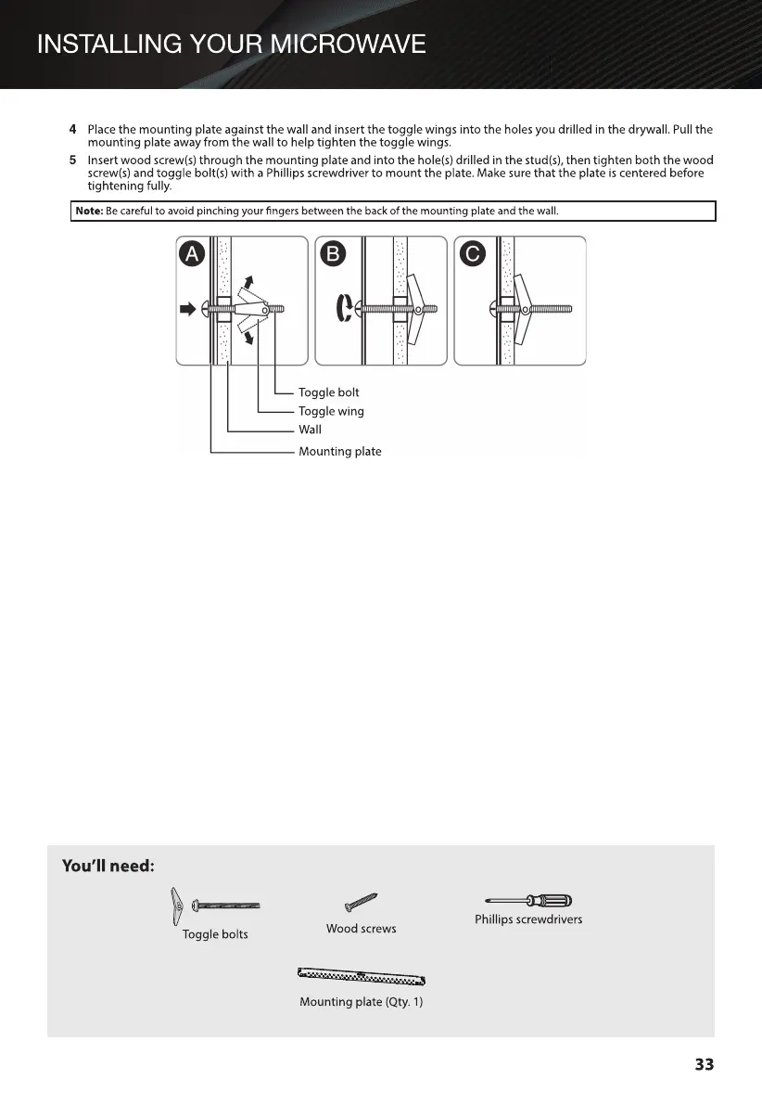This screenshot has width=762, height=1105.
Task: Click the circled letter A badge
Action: tap(192, 254)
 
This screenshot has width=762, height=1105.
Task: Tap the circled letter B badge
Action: tap(331, 254)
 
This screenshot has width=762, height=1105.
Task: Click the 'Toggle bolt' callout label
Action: tap(328, 392)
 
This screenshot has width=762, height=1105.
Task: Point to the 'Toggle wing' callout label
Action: tap(331, 411)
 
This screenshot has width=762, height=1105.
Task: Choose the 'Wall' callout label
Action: tap(310, 430)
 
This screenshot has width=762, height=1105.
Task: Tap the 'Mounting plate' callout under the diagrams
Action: tap(339, 452)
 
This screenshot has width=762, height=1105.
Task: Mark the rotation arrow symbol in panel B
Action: tap(341, 309)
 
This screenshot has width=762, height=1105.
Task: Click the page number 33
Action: tap(704, 1064)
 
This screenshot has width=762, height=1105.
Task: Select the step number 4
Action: tap(73, 129)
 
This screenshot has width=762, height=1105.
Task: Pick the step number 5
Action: tap(73, 161)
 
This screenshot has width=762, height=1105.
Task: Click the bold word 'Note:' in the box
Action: tap(89, 212)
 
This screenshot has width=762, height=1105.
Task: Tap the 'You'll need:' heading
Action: tap(108, 866)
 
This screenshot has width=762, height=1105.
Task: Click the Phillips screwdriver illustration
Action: tap(527, 900)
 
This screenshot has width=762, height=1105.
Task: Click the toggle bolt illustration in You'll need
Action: tap(215, 905)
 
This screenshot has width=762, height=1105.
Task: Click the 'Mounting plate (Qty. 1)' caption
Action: tap(361, 1002)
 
